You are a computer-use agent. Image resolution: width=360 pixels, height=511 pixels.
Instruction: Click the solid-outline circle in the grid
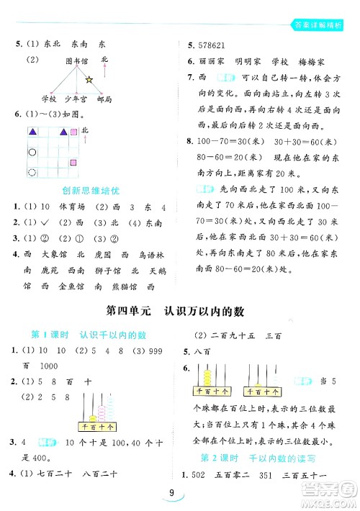32,153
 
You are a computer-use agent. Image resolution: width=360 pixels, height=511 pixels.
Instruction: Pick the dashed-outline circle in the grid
32,172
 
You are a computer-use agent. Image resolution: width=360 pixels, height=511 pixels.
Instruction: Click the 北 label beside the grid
84,130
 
